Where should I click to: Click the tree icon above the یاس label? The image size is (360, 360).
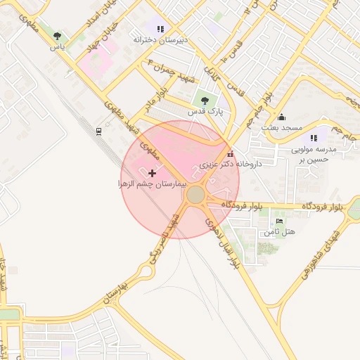tap(57, 36)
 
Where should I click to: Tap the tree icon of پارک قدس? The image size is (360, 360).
tap(205, 101)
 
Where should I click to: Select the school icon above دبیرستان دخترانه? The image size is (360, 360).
tap(160, 30)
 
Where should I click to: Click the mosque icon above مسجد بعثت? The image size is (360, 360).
tap(282, 117)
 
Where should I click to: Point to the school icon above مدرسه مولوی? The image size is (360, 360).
tap(314, 139)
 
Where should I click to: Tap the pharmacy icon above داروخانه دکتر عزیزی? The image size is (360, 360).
tap(230, 154)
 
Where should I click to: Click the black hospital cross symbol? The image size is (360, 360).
tap(152, 172)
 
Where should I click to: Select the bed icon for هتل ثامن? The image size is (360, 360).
tap(279, 221)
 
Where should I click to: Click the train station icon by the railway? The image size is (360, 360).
tap(99, 130)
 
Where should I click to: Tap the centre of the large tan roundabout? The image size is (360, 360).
tap(195, 194)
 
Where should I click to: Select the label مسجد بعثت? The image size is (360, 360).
tap(282, 127)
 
